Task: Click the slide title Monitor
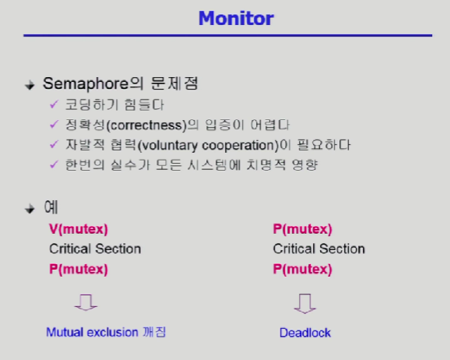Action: point(236,19)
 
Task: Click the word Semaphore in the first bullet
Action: point(86,84)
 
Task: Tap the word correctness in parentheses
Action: point(146,125)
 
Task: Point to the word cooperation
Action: point(238,146)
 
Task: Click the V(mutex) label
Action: point(79,229)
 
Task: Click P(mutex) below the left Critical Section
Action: point(79,269)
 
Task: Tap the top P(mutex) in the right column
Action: point(303,229)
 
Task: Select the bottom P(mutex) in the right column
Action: point(303,269)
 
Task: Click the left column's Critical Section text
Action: point(95,249)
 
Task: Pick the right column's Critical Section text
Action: point(319,249)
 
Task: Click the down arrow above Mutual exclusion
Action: point(86,302)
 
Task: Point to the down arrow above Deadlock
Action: point(305,303)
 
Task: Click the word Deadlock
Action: point(305,333)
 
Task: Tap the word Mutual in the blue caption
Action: point(65,332)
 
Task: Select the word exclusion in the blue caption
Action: point(112,332)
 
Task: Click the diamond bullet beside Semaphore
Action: point(30,86)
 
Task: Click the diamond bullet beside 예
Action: point(30,209)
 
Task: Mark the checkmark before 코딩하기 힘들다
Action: point(54,104)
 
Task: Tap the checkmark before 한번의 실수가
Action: point(54,164)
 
